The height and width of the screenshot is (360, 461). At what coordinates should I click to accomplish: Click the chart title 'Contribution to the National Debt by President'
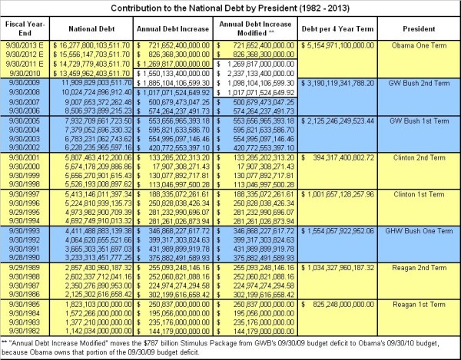point(230,7)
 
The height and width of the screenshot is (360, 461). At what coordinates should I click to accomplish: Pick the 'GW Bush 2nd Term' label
point(424,80)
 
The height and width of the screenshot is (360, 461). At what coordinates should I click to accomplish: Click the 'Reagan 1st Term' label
point(424,304)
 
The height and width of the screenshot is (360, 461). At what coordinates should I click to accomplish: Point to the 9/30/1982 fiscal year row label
point(23,329)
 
